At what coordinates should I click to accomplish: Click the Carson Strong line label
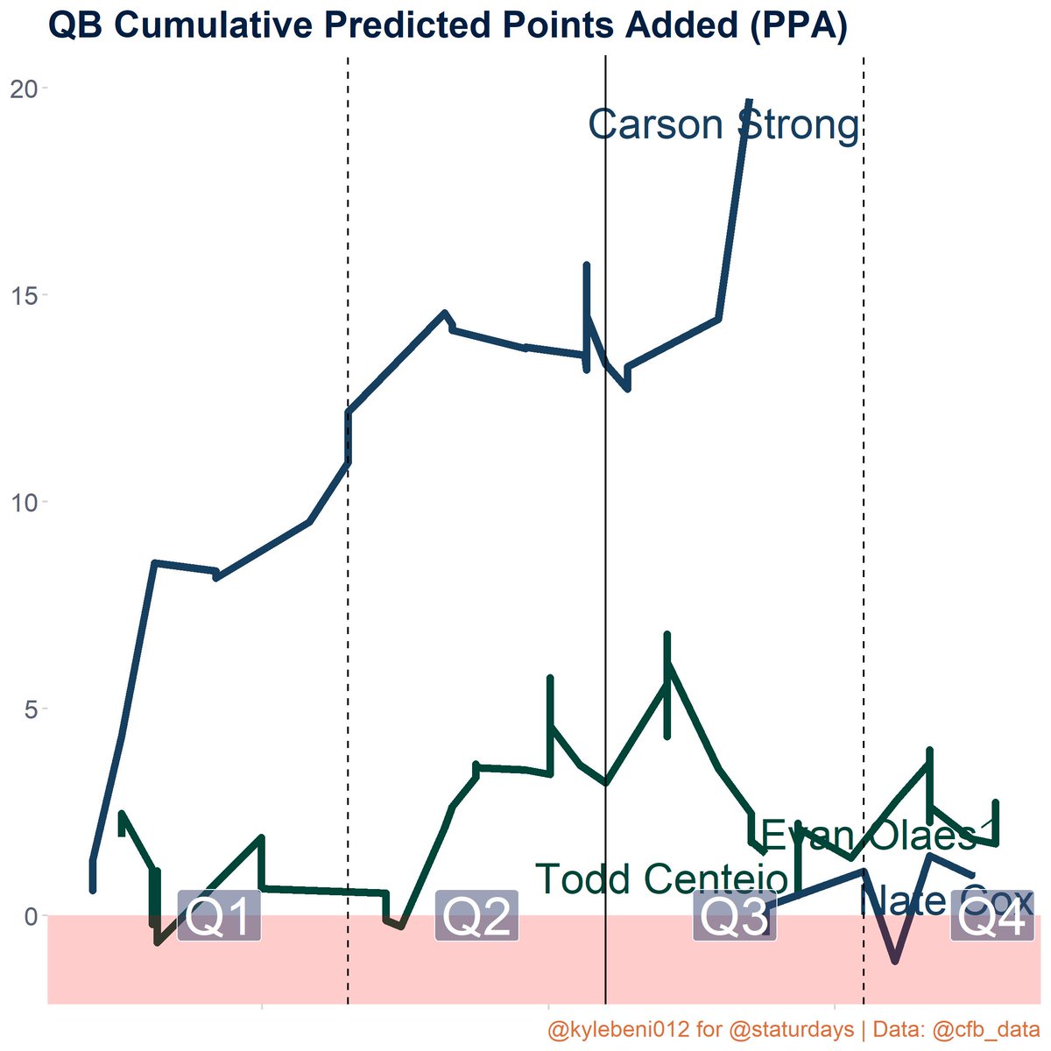click(x=723, y=125)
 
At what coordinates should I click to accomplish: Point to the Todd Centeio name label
click(x=661, y=878)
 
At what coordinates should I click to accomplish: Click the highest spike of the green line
click(x=667, y=634)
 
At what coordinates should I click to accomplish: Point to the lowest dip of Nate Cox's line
click(x=894, y=961)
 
